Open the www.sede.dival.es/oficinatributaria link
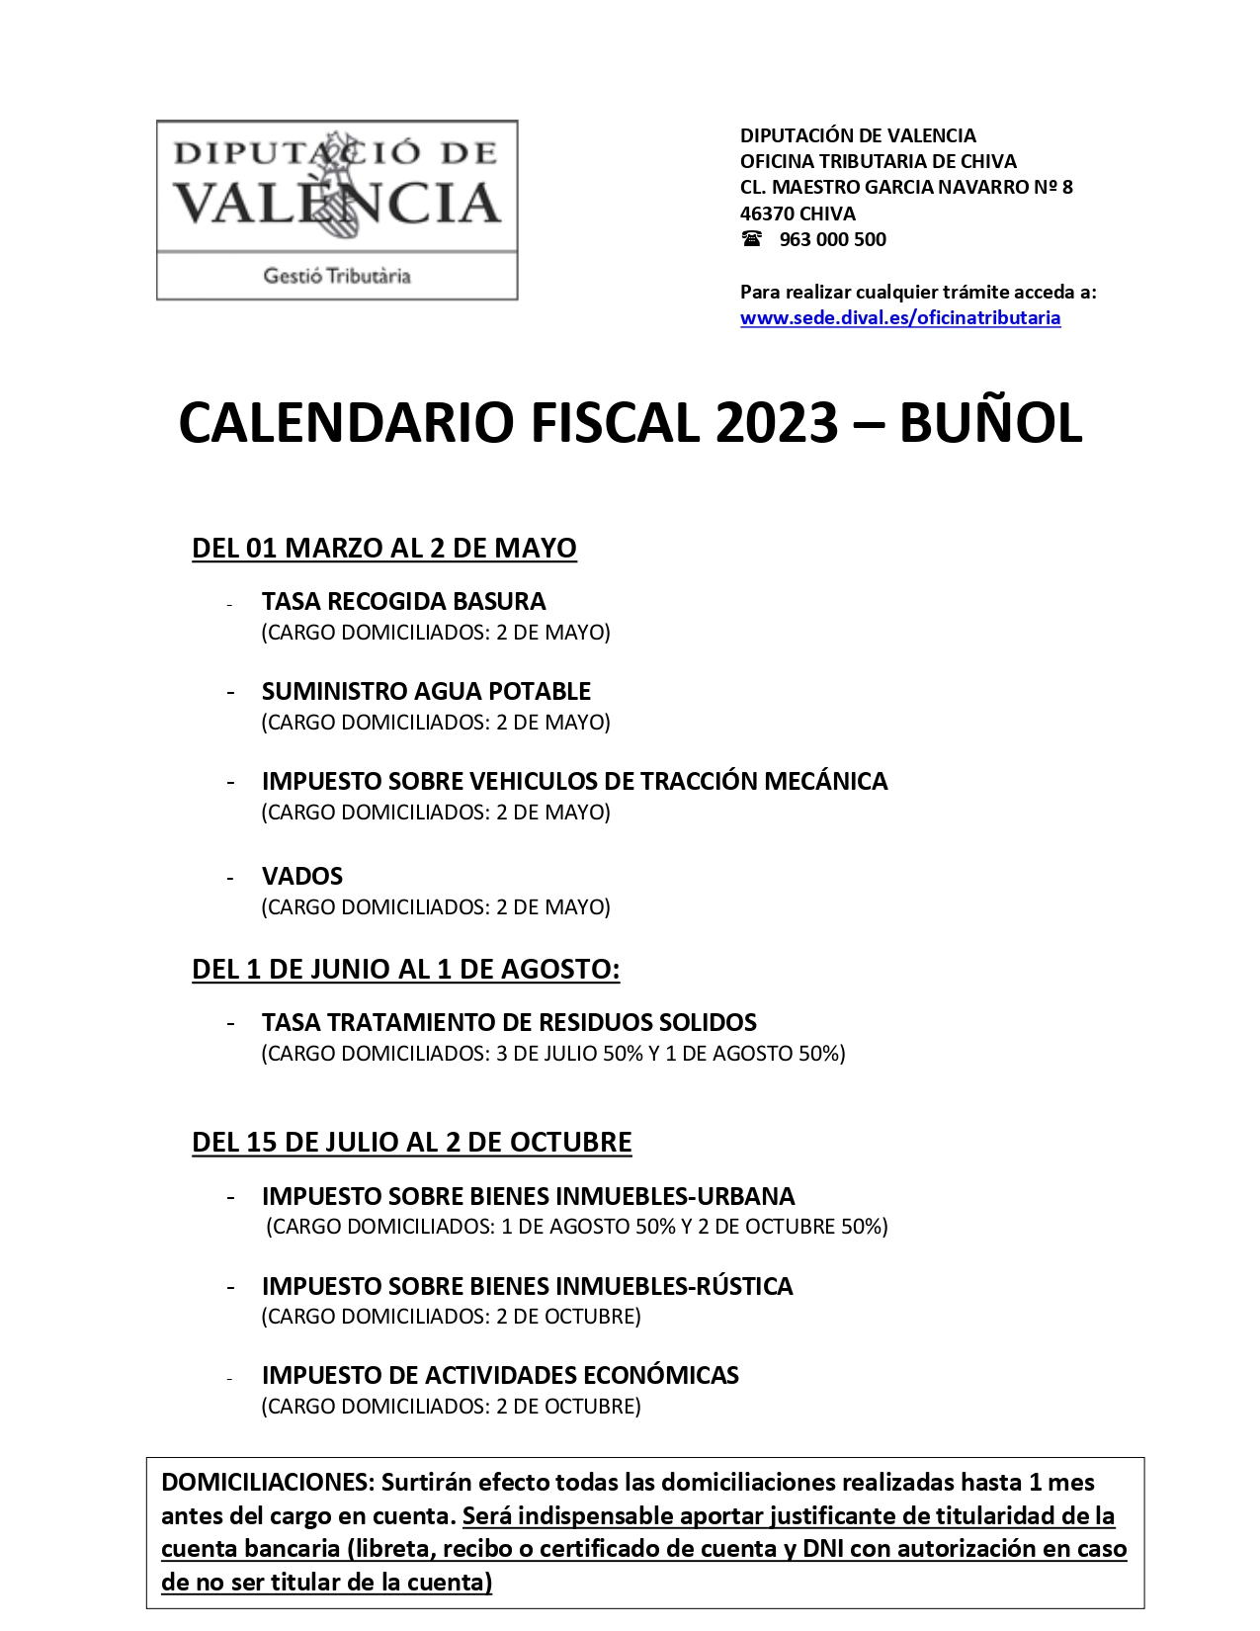click(900, 317)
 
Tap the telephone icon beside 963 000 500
click(752, 239)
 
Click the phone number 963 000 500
click(833, 239)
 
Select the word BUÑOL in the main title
click(991, 424)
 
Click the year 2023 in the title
click(777, 424)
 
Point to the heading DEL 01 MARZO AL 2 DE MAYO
click(384, 548)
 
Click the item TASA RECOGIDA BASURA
click(403, 601)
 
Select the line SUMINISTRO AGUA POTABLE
click(426, 691)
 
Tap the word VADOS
click(302, 876)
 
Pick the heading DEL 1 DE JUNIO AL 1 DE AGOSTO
click(405, 969)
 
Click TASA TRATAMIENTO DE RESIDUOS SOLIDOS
click(509, 1022)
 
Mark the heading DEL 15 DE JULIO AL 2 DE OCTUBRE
click(411, 1142)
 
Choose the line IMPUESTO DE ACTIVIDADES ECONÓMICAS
click(500, 1375)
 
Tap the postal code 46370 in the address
click(767, 214)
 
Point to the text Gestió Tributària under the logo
click(337, 276)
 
